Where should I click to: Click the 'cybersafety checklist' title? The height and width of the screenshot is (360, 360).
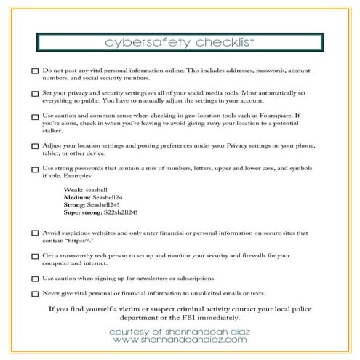click(x=180, y=41)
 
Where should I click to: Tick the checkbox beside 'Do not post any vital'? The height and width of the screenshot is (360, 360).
click(x=36, y=73)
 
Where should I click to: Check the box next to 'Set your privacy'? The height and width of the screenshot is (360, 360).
click(x=36, y=95)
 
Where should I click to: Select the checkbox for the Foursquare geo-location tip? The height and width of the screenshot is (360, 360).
click(x=36, y=116)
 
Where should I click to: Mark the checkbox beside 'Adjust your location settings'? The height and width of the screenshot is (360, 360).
click(x=36, y=146)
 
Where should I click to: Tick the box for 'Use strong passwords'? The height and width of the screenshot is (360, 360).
click(x=36, y=169)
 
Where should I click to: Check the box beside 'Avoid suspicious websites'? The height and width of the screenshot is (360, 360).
click(x=36, y=233)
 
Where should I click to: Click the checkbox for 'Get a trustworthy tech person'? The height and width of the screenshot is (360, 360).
click(x=36, y=256)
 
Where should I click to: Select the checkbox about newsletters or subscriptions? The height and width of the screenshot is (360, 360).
click(x=36, y=279)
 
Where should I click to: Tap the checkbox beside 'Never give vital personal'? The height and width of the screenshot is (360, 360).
click(x=36, y=294)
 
